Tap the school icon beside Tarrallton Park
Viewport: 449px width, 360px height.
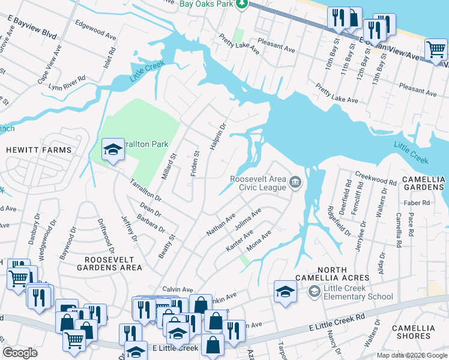[112, 150]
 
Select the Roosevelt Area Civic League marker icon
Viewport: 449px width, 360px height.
[295, 182]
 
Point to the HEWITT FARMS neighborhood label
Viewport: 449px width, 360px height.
[39, 150]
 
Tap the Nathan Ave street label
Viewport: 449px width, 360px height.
[220, 224]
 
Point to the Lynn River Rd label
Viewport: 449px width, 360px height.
[67, 83]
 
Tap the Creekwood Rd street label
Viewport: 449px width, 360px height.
[376, 178]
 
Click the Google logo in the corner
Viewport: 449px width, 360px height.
[20, 353]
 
